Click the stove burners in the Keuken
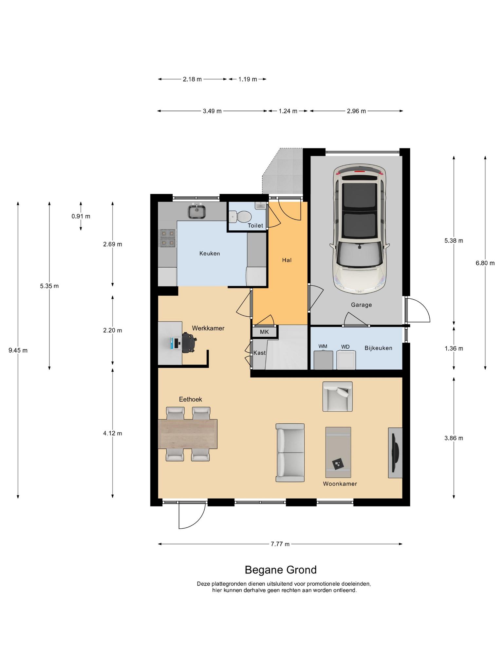[167, 238]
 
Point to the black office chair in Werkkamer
[189, 343]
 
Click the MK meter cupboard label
[264, 332]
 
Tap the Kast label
[260, 353]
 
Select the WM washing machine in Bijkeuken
[323, 360]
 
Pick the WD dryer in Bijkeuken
[346, 360]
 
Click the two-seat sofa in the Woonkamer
[290, 452]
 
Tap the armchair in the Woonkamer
[338, 396]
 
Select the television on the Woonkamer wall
[396, 452]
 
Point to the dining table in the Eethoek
[188, 434]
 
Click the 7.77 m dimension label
[280, 544]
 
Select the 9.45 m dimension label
[18, 350]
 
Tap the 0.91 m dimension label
[81, 216]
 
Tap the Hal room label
[287, 260]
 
